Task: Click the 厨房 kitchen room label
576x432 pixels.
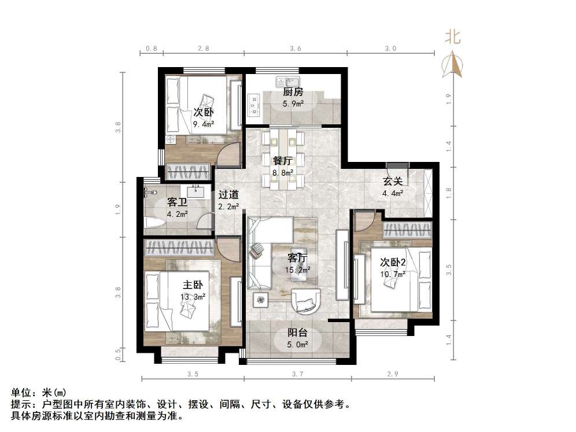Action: [293, 92]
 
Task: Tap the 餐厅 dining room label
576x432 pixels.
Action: [282, 161]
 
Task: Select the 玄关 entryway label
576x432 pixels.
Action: [392, 182]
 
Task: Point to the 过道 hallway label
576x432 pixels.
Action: [228, 195]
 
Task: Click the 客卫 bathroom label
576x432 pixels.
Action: [177, 202]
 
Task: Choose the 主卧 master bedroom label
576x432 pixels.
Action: [193, 285]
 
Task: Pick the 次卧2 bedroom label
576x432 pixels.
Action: [393, 262]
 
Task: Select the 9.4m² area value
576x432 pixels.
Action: [204, 124]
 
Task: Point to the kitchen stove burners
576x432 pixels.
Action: [253, 104]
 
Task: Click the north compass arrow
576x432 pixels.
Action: [453, 64]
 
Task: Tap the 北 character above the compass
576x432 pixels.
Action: [452, 38]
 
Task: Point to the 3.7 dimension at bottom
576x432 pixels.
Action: [297, 374]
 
